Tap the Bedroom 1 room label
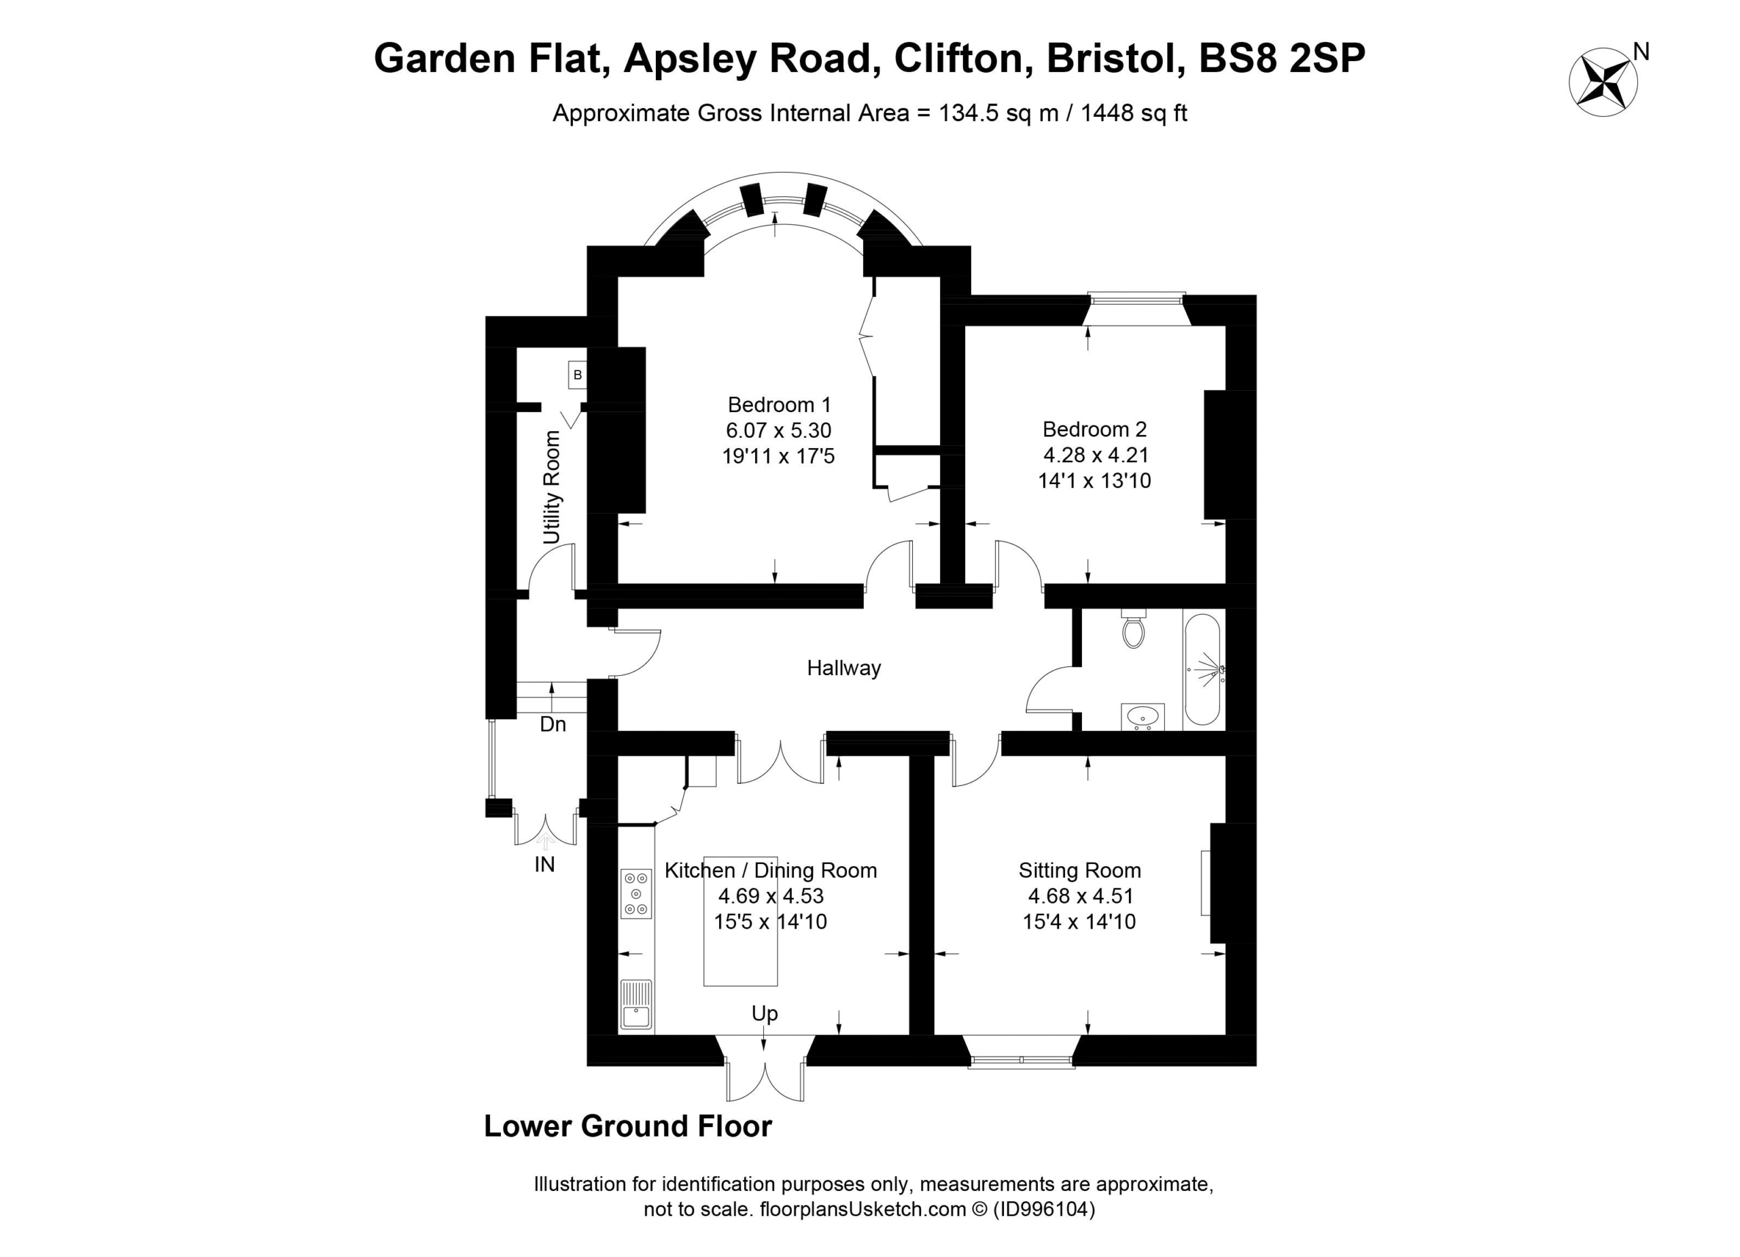[779, 404]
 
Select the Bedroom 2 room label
[1094, 429]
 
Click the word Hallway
[843, 668]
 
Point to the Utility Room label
[552, 487]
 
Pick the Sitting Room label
[1079, 870]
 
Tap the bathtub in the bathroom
[1203, 669]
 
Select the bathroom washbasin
[1143, 716]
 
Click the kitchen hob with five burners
[636, 893]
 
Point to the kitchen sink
[636, 1005]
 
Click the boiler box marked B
[578, 375]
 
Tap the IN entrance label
[544, 865]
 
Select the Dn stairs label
[553, 723]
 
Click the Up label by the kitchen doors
[764, 1014]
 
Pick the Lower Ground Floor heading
[627, 1126]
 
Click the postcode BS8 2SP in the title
[1281, 58]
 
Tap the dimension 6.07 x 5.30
[779, 430]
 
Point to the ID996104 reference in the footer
[1044, 1209]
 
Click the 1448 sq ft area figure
[1134, 113]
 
